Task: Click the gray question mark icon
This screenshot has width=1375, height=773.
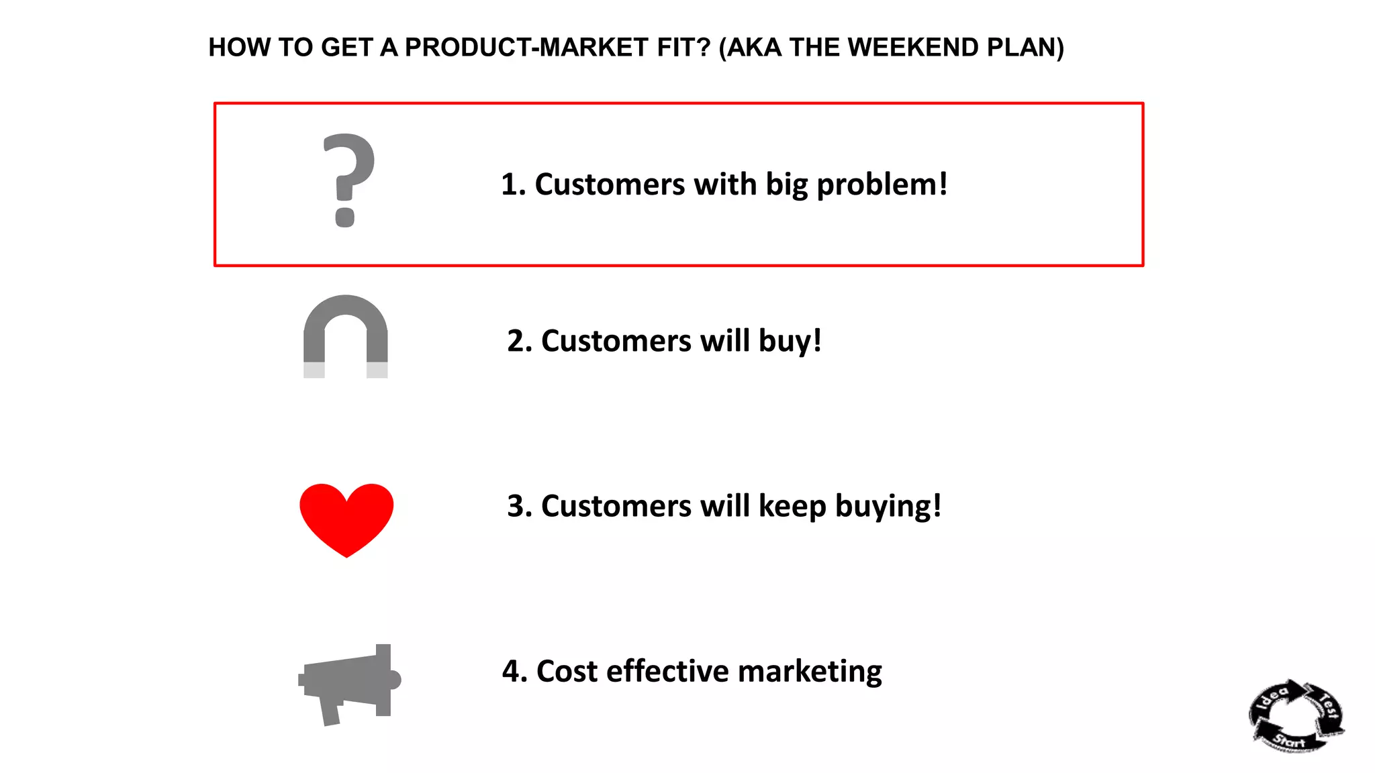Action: (348, 180)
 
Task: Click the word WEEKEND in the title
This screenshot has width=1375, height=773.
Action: (913, 48)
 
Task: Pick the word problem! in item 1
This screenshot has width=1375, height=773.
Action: (882, 185)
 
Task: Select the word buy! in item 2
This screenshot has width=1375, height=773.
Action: (790, 342)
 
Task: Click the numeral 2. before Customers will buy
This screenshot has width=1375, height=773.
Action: (519, 342)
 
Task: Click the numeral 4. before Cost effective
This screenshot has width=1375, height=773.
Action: (514, 672)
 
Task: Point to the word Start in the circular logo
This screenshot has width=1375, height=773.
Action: (1289, 741)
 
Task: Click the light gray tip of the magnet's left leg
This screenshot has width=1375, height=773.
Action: (314, 370)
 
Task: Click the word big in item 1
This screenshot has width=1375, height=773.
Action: (786, 185)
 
